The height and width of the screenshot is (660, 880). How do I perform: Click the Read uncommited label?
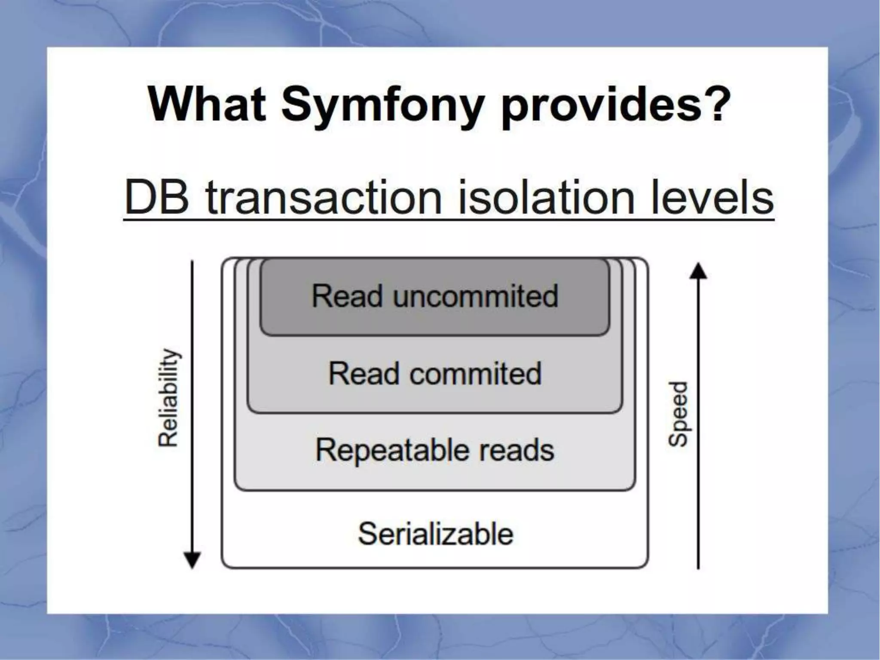pyautogui.click(x=435, y=296)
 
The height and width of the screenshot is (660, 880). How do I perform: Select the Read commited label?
pyautogui.click(x=435, y=373)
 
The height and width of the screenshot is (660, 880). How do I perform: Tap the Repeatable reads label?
pyautogui.click(x=435, y=450)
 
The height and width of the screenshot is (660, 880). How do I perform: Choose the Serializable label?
pyautogui.click(x=436, y=534)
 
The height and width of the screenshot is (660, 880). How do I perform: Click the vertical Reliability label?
pyautogui.click(x=168, y=397)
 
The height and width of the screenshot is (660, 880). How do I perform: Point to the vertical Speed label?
pyautogui.click(x=678, y=413)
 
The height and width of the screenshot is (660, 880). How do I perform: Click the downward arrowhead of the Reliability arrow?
pyautogui.click(x=192, y=560)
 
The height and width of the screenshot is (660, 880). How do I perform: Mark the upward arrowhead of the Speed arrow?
pyautogui.click(x=698, y=272)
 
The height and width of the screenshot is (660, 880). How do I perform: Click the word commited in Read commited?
pyautogui.click(x=475, y=373)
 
